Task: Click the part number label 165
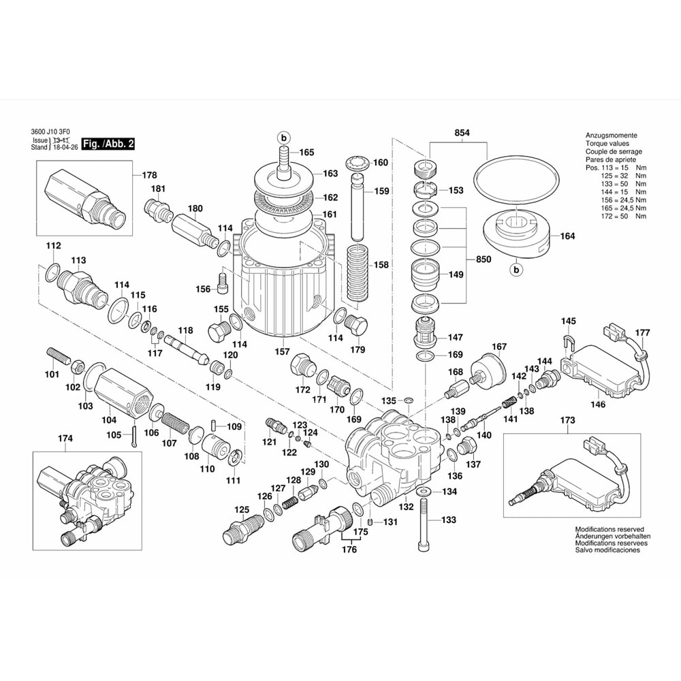[x=306, y=153]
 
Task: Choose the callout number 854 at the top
[x=462, y=133]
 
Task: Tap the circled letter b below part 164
[x=516, y=271]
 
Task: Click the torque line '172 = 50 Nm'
[x=612, y=217]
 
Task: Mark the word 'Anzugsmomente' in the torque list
[x=611, y=136]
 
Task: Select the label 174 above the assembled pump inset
[x=64, y=439]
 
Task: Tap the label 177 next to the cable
[x=642, y=333]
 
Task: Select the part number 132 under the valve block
[x=405, y=506]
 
